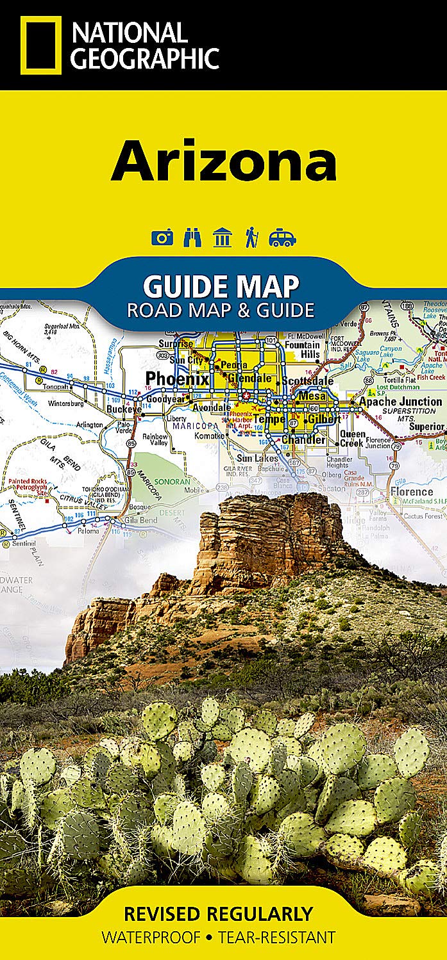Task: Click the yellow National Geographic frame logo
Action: coord(41,45)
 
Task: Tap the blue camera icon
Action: coord(162,238)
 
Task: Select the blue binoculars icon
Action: coord(192,238)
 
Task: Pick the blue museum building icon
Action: coord(223,238)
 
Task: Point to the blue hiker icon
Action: coord(251,238)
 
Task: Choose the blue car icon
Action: coord(282,238)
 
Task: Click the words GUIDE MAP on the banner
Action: coord(221,285)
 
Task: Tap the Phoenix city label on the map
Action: coord(177,378)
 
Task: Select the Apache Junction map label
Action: coord(400,402)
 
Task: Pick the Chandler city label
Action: coord(304,440)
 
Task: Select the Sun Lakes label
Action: coord(257,459)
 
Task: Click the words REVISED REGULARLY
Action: coord(219,913)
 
